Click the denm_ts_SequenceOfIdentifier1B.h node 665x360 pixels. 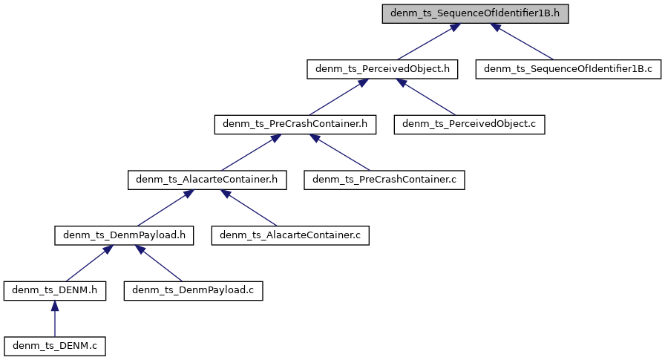475,14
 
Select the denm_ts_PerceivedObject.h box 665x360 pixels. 382,70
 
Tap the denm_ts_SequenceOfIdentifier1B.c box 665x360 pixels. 569,70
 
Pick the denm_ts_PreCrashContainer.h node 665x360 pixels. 295,125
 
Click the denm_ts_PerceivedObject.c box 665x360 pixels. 470,125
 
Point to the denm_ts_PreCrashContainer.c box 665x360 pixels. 384,180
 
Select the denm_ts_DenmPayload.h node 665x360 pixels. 124,235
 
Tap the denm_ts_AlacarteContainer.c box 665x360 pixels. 290,235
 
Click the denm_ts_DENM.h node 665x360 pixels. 54,290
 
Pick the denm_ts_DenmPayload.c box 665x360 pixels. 193,290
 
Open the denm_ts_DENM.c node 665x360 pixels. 54,345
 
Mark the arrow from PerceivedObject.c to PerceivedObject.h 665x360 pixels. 426,97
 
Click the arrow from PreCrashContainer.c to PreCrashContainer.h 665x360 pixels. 339,152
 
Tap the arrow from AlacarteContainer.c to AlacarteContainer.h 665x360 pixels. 249,208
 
